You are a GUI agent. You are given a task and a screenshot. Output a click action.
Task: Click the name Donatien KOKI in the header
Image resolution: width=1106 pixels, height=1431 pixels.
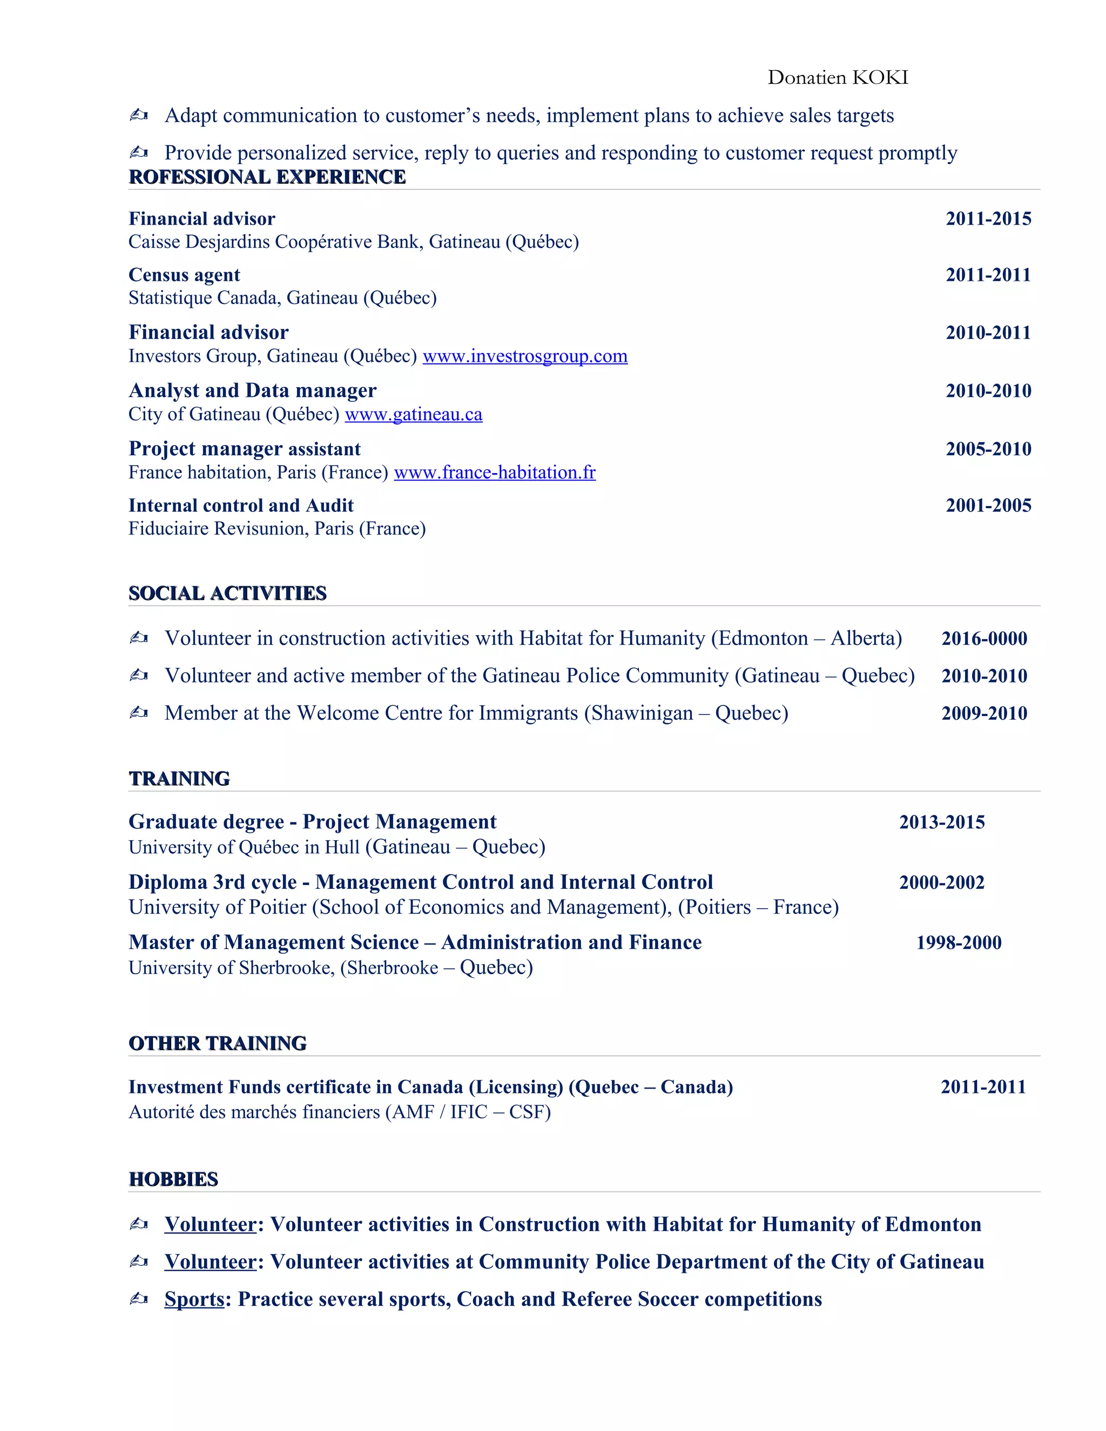pos(838,78)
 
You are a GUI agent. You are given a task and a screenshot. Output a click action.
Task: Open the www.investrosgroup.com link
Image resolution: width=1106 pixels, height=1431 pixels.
pos(525,356)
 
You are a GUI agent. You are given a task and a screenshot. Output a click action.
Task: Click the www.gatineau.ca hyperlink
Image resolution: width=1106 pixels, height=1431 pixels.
pos(414,415)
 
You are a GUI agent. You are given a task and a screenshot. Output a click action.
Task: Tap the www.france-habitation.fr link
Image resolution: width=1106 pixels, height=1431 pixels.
pos(495,473)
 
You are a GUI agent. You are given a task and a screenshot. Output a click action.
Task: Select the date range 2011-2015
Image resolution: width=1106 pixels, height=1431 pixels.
pos(988,219)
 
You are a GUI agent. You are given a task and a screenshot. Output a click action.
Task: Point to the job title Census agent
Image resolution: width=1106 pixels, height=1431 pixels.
pos(184,275)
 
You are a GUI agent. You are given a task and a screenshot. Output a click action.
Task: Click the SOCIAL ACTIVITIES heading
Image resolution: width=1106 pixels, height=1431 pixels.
pos(227,593)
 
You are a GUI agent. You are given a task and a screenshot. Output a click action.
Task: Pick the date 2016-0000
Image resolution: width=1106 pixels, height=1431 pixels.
pos(984,639)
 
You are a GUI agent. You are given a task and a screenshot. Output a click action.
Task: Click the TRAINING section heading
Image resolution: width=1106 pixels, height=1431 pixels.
pos(179,779)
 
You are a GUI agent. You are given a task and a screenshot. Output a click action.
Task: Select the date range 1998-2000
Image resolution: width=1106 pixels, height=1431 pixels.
pos(958,943)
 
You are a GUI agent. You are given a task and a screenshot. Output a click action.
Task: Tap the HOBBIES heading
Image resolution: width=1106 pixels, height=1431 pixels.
pos(173,1179)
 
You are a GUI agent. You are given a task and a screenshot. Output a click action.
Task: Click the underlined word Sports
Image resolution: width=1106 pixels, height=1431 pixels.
pos(194,1299)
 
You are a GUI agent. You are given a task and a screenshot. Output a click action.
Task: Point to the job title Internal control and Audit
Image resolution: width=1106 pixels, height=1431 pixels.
pos(240,506)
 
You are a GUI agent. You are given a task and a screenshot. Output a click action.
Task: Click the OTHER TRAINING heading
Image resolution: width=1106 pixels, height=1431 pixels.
pos(217,1044)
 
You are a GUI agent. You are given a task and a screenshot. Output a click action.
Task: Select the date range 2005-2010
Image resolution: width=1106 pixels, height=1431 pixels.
pos(988,449)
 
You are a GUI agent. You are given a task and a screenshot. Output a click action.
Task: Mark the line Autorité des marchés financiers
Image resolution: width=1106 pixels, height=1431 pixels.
pos(339,1112)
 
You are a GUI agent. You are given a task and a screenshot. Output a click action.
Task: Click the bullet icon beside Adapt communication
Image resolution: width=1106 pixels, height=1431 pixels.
pos(138,116)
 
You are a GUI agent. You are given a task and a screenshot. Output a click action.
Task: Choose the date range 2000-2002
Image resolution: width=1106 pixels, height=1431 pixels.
pos(941,882)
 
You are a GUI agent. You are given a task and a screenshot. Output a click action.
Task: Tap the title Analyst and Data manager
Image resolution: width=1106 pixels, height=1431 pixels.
pos(252,391)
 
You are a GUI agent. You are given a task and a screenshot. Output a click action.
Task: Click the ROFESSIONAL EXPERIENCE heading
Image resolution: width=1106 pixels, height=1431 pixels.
pos(267,178)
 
